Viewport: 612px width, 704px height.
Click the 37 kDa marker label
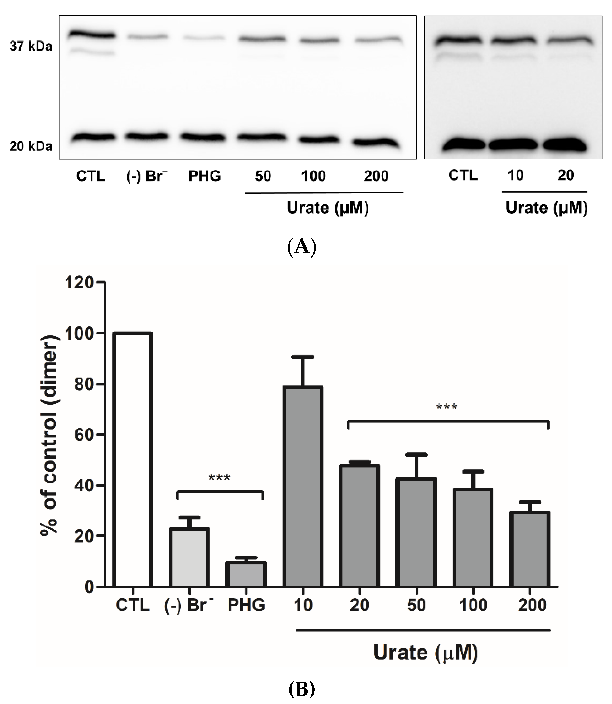point(31,47)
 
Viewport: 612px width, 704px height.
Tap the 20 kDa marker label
point(31,146)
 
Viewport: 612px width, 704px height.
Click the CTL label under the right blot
point(463,175)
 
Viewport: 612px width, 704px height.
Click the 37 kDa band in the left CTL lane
point(91,35)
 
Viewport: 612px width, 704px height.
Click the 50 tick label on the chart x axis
point(416,605)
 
